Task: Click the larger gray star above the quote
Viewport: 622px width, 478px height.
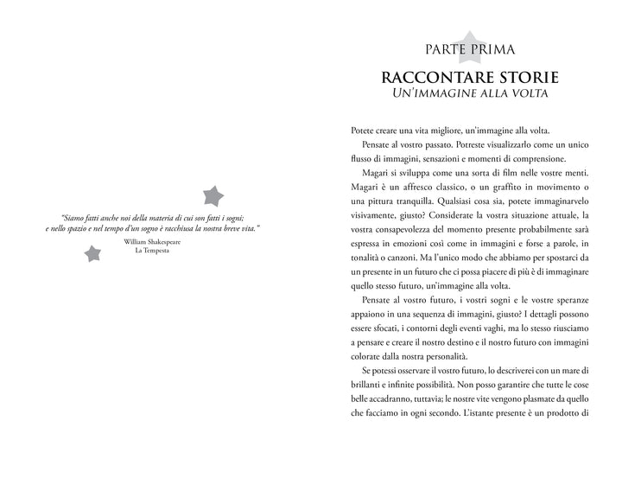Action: pos(212,195)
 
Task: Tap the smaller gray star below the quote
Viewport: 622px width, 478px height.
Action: pos(91,252)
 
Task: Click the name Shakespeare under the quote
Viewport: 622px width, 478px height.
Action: pos(164,243)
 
